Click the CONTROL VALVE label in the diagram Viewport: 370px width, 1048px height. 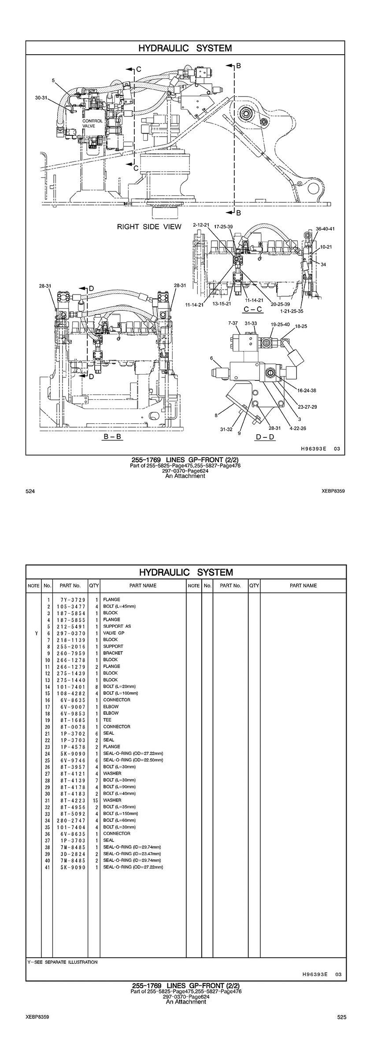coord(92,123)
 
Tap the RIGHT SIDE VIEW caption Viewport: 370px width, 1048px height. coord(149,227)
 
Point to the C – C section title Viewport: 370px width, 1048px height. coord(253,309)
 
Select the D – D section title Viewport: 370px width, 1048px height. coord(265,437)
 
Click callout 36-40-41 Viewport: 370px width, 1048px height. coord(325,229)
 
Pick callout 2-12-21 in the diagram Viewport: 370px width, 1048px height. coord(201,225)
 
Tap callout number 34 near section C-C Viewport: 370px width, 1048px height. coord(323,265)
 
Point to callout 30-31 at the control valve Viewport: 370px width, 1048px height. coord(41,97)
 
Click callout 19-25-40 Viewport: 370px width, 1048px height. coord(280,324)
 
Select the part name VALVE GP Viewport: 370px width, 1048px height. coord(114,633)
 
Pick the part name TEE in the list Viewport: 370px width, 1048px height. coord(107,720)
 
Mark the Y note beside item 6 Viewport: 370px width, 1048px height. coord(33,633)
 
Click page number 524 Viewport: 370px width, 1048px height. coord(30,491)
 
